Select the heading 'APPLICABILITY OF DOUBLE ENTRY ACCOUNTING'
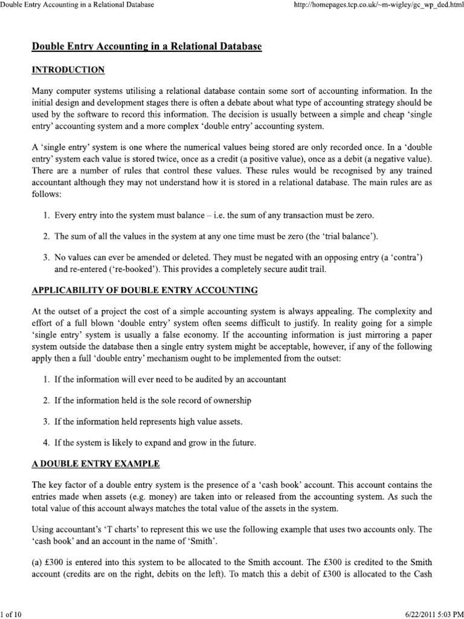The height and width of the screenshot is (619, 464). pos(144,291)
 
